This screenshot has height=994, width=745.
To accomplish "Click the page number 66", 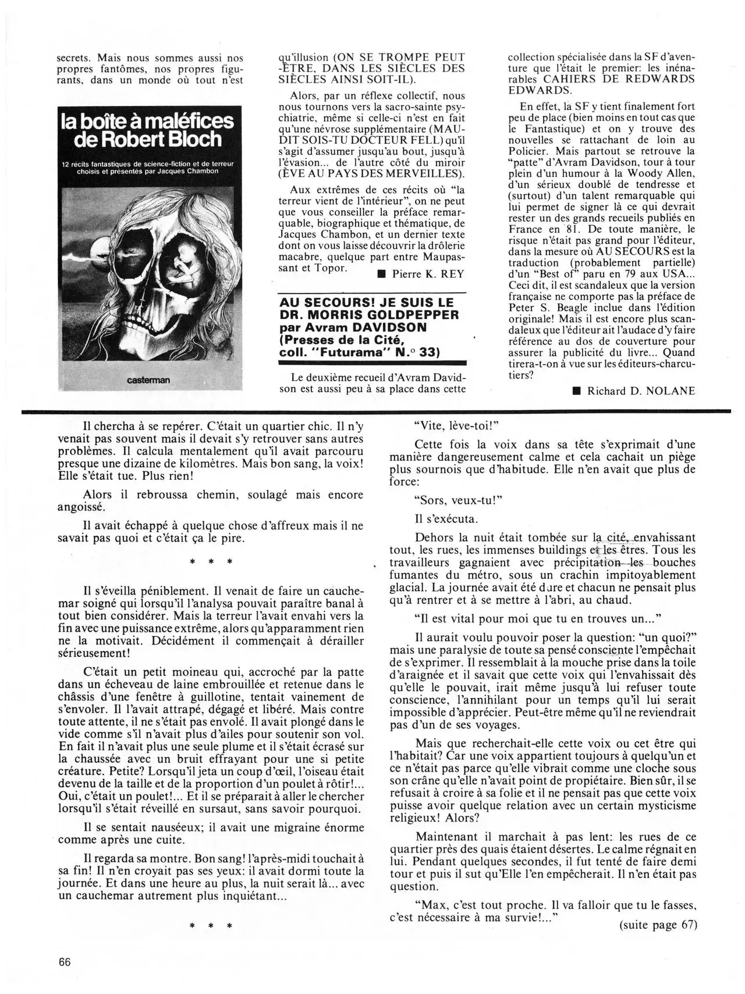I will coord(65,962).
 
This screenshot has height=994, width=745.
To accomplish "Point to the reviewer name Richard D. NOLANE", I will coord(641,391).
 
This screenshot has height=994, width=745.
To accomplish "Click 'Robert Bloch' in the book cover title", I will coord(165,140).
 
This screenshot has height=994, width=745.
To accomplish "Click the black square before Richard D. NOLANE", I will coord(576,391).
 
